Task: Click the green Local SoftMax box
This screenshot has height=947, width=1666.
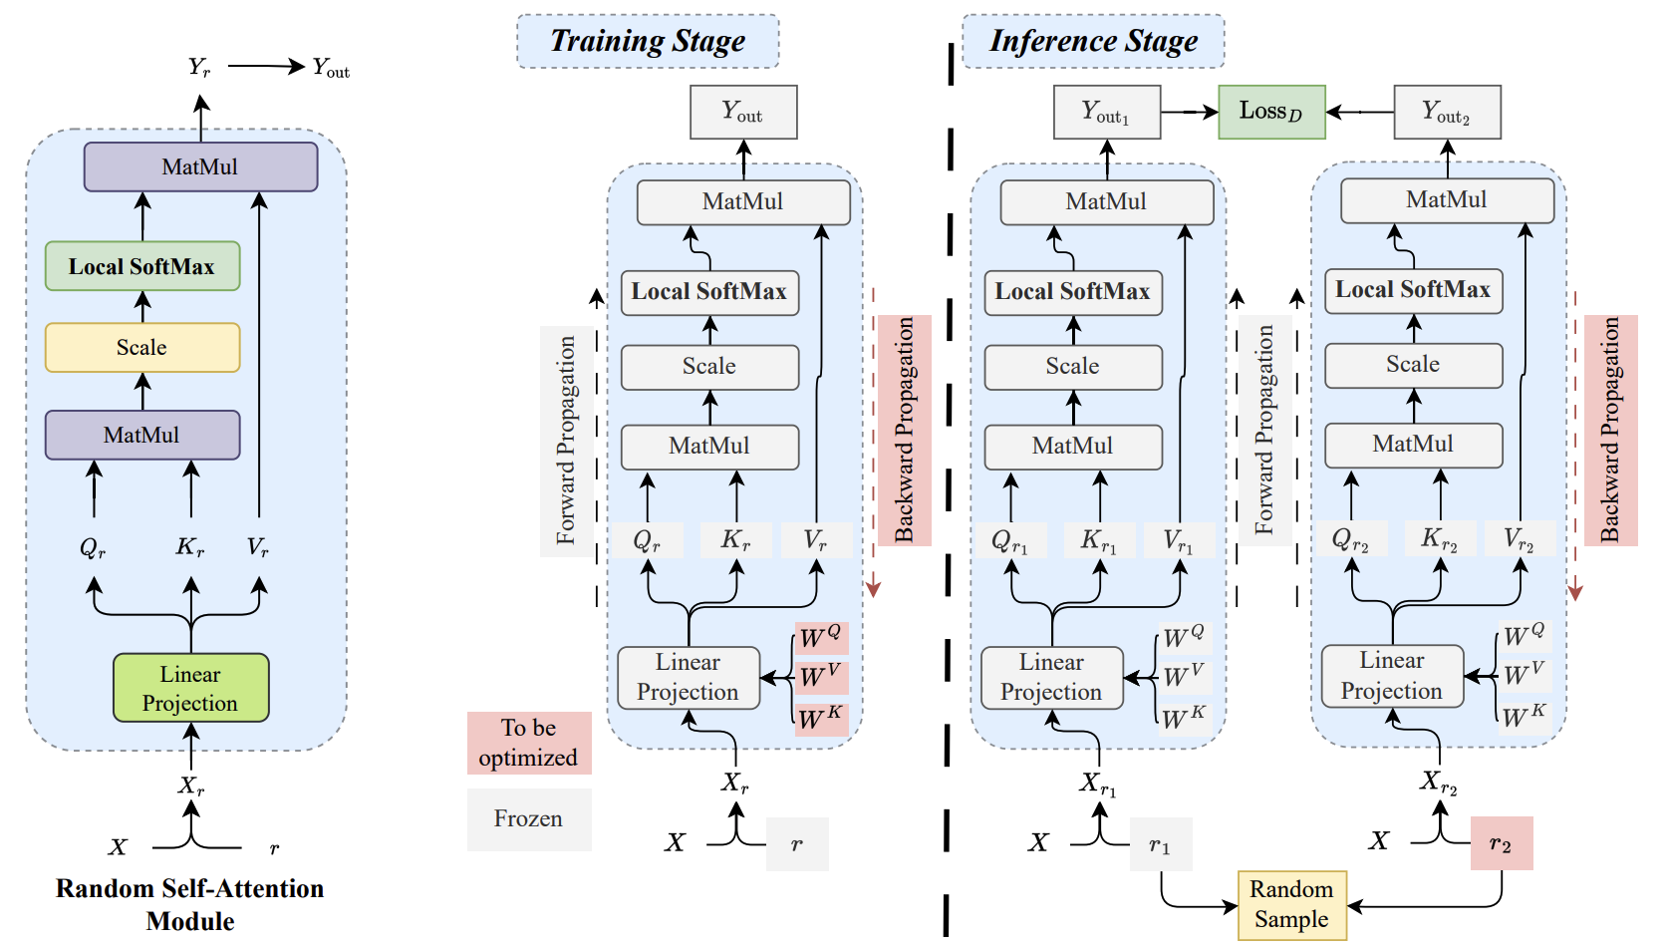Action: pyautogui.click(x=142, y=266)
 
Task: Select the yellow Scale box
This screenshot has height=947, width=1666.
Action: pyautogui.click(x=142, y=348)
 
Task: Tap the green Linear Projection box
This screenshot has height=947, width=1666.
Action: pyautogui.click(x=190, y=688)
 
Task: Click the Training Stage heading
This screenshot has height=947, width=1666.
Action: pyautogui.click(x=648, y=42)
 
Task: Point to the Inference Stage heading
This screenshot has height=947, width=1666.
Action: pyautogui.click(x=1093, y=42)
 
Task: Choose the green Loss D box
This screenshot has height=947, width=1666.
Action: pyautogui.click(x=1271, y=112)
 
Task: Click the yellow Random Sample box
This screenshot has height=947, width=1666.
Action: pyautogui.click(x=1291, y=905)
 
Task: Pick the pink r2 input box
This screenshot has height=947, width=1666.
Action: pyautogui.click(x=1501, y=843)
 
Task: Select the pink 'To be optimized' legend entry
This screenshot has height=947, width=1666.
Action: pyautogui.click(x=529, y=743)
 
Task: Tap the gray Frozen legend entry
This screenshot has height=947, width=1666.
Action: pyautogui.click(x=529, y=819)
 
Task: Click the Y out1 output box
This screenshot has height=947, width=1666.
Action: pyautogui.click(x=1106, y=112)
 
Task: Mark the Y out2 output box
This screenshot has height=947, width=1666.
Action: pyautogui.click(x=1447, y=112)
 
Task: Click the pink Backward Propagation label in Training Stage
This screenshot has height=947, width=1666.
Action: pyautogui.click(x=904, y=430)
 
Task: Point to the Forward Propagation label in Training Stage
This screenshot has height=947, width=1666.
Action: pyautogui.click(x=566, y=440)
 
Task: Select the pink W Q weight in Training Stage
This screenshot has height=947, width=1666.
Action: pyautogui.click(x=821, y=638)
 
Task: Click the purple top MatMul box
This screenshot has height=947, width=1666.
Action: pyautogui.click(x=200, y=167)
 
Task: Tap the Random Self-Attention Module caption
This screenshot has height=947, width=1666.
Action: pyautogui.click(x=189, y=904)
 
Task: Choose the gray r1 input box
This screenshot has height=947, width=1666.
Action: pyautogui.click(x=1161, y=845)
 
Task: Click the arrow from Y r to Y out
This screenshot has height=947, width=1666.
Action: pyautogui.click(x=265, y=67)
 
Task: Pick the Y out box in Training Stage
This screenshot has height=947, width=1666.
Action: pyautogui.click(x=743, y=112)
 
